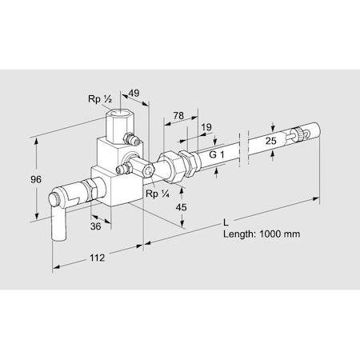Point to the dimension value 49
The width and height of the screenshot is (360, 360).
pyautogui.click(x=134, y=94)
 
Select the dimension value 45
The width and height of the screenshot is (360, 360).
pyautogui.click(x=182, y=207)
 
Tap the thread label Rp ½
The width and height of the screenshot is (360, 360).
pyautogui.click(x=99, y=100)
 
